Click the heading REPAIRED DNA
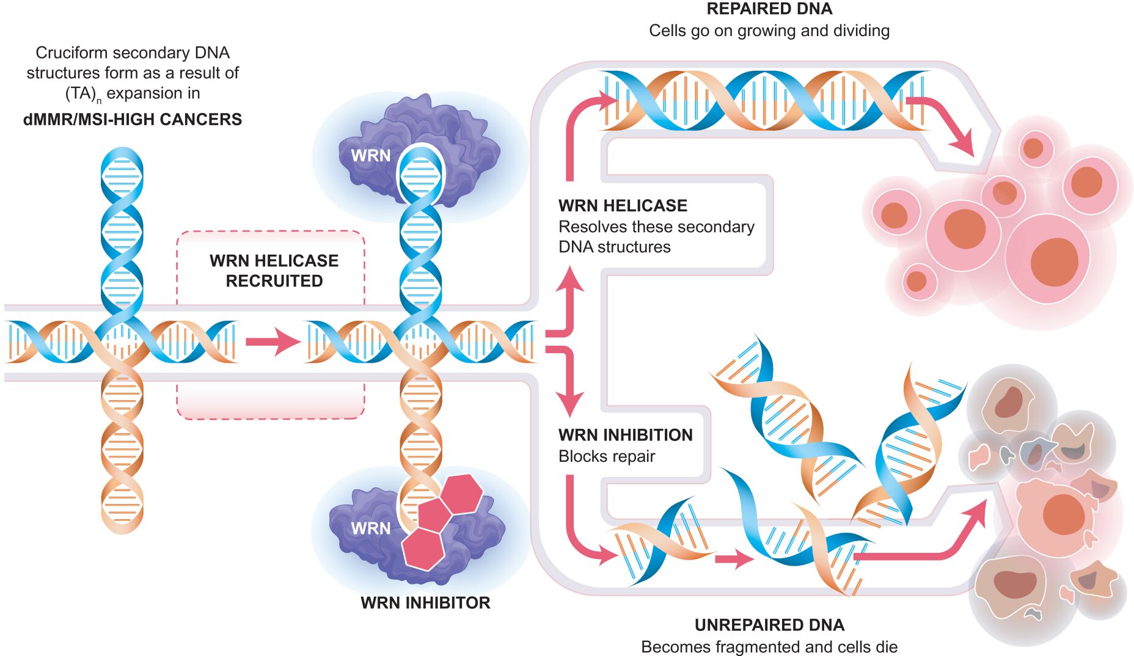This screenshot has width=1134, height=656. [x=769, y=9]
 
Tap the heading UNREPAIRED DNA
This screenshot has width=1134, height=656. [x=769, y=625]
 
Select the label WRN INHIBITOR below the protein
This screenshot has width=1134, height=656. [x=425, y=603]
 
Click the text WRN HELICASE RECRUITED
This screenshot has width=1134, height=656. [x=274, y=271]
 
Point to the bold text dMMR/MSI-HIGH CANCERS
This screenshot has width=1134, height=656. [x=133, y=119]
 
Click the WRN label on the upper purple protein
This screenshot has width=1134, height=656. [x=370, y=156]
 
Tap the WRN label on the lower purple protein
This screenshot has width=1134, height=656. [x=370, y=528]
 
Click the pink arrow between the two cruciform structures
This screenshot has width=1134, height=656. [x=273, y=341]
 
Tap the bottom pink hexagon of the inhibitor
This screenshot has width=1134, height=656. [x=423, y=548]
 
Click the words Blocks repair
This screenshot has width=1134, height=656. [x=607, y=456]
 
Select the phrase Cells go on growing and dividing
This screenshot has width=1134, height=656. [x=769, y=31]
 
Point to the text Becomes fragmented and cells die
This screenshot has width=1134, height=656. [x=769, y=647]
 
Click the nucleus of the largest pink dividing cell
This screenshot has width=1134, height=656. [x=1054, y=261]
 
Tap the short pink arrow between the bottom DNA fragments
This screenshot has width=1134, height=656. [x=734, y=558]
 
